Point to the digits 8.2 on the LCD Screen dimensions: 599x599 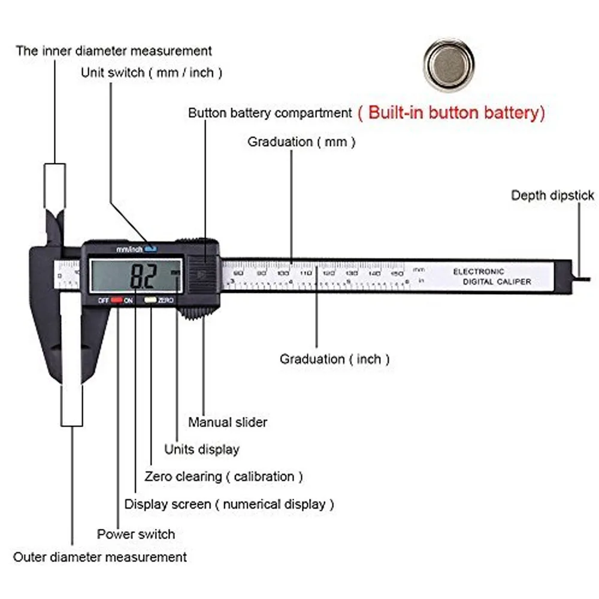click(x=144, y=277)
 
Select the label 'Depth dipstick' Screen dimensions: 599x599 click(x=552, y=195)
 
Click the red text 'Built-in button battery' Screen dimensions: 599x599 click(x=451, y=113)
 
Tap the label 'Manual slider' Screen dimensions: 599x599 click(x=228, y=422)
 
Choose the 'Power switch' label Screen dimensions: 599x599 click(x=136, y=534)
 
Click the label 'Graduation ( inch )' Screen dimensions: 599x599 click(x=335, y=359)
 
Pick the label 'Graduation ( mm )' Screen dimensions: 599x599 click(x=301, y=142)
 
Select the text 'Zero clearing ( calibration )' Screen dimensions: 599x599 click(x=223, y=477)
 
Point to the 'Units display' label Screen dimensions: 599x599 click(x=202, y=449)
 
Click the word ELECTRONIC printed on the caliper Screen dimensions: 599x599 click(x=479, y=271)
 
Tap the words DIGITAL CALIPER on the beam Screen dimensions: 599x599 click(x=492, y=282)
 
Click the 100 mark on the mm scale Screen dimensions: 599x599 click(x=283, y=273)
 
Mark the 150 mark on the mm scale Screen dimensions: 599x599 click(x=397, y=273)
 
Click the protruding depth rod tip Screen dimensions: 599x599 click(x=585, y=277)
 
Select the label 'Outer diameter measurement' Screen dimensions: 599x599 click(x=100, y=557)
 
